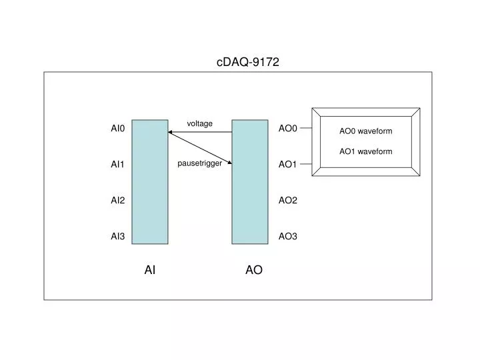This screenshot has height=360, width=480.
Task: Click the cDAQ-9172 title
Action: point(247,62)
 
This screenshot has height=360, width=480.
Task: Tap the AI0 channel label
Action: point(118,128)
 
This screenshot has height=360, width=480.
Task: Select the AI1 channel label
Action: point(118,164)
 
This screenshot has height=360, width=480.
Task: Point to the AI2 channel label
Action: point(118,200)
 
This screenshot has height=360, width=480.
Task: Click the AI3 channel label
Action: point(118,236)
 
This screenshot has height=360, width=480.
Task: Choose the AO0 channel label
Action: point(287,128)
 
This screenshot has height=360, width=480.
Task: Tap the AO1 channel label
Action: point(287,164)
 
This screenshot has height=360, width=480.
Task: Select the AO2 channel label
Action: point(287,200)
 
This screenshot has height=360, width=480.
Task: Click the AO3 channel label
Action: point(287,236)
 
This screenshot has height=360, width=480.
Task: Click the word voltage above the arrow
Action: point(199,123)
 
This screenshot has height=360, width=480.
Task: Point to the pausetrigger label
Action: point(199,163)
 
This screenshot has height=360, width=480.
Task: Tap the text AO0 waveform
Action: point(365,131)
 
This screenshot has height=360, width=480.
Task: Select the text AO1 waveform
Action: point(365,151)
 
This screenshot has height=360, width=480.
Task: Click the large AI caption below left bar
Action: point(150,270)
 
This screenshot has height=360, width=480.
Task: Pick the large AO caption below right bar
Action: point(253,270)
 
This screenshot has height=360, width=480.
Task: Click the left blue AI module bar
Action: point(150,181)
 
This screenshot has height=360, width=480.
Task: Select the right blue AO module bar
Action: point(249,181)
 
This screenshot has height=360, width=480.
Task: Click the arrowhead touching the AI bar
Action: point(171,133)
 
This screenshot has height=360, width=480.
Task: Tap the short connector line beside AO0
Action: point(305,128)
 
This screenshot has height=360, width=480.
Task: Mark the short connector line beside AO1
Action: point(305,164)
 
